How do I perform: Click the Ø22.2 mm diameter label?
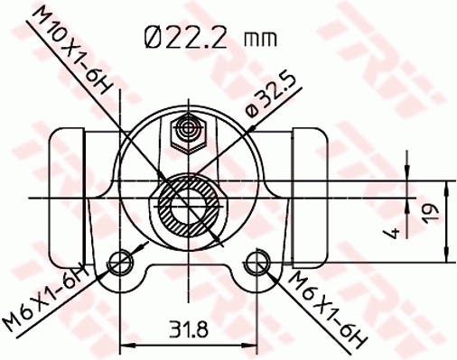pos(209,37)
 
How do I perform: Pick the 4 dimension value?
pos(392,233)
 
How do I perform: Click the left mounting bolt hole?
pos(119,263)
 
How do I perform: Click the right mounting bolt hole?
pos(256,263)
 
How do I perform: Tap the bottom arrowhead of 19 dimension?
pos(449,256)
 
